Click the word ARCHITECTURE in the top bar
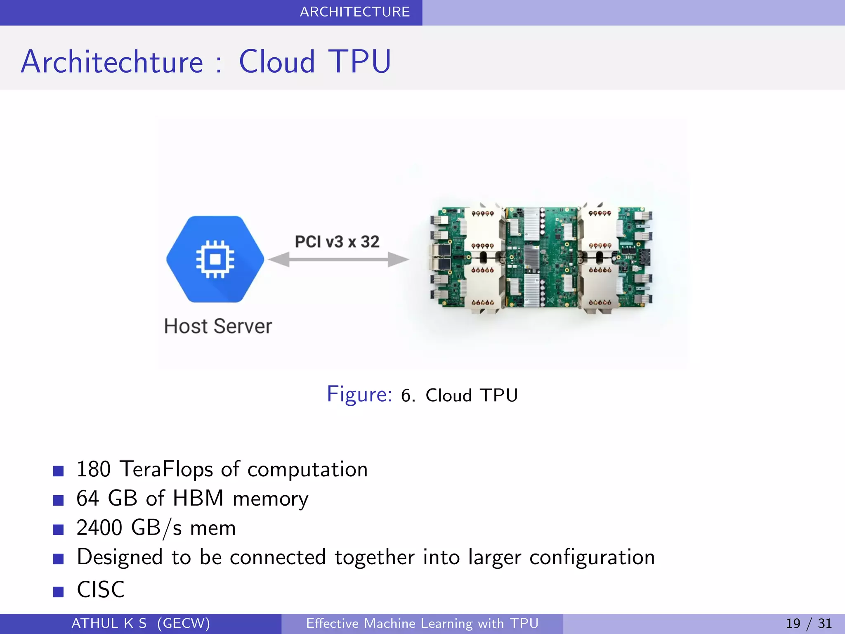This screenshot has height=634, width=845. pyautogui.click(x=354, y=12)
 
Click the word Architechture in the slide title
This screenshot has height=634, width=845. pyautogui.click(x=112, y=62)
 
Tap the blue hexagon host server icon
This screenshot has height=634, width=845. pyautogui.click(x=215, y=259)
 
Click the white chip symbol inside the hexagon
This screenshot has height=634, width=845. pyautogui.click(x=215, y=259)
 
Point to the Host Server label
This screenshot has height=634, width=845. pyautogui.click(x=218, y=326)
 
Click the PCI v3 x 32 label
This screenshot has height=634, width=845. pyautogui.click(x=337, y=242)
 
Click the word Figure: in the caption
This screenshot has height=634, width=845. pyautogui.click(x=359, y=394)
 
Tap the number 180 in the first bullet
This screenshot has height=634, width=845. pyautogui.click(x=94, y=469)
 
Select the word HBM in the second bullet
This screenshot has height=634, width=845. pyautogui.click(x=198, y=499)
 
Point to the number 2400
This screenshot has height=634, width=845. pyautogui.click(x=99, y=528)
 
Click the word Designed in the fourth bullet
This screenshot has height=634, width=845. pyautogui.click(x=120, y=557)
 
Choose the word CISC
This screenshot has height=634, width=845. pyautogui.click(x=101, y=589)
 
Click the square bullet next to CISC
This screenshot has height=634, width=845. pyautogui.click(x=59, y=592)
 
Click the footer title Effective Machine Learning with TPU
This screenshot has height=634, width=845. pyautogui.click(x=422, y=623)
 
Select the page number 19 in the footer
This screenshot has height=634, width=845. pyautogui.click(x=793, y=623)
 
